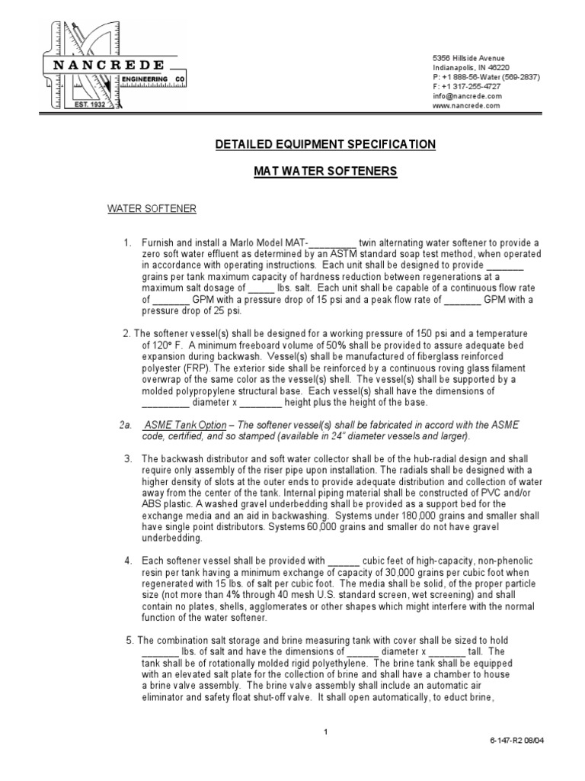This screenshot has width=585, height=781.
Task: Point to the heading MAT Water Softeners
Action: (325, 172)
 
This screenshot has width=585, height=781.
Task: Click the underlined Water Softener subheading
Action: (151, 208)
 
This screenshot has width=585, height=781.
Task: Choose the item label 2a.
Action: (126, 425)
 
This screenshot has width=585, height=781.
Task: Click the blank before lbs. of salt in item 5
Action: (160, 652)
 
